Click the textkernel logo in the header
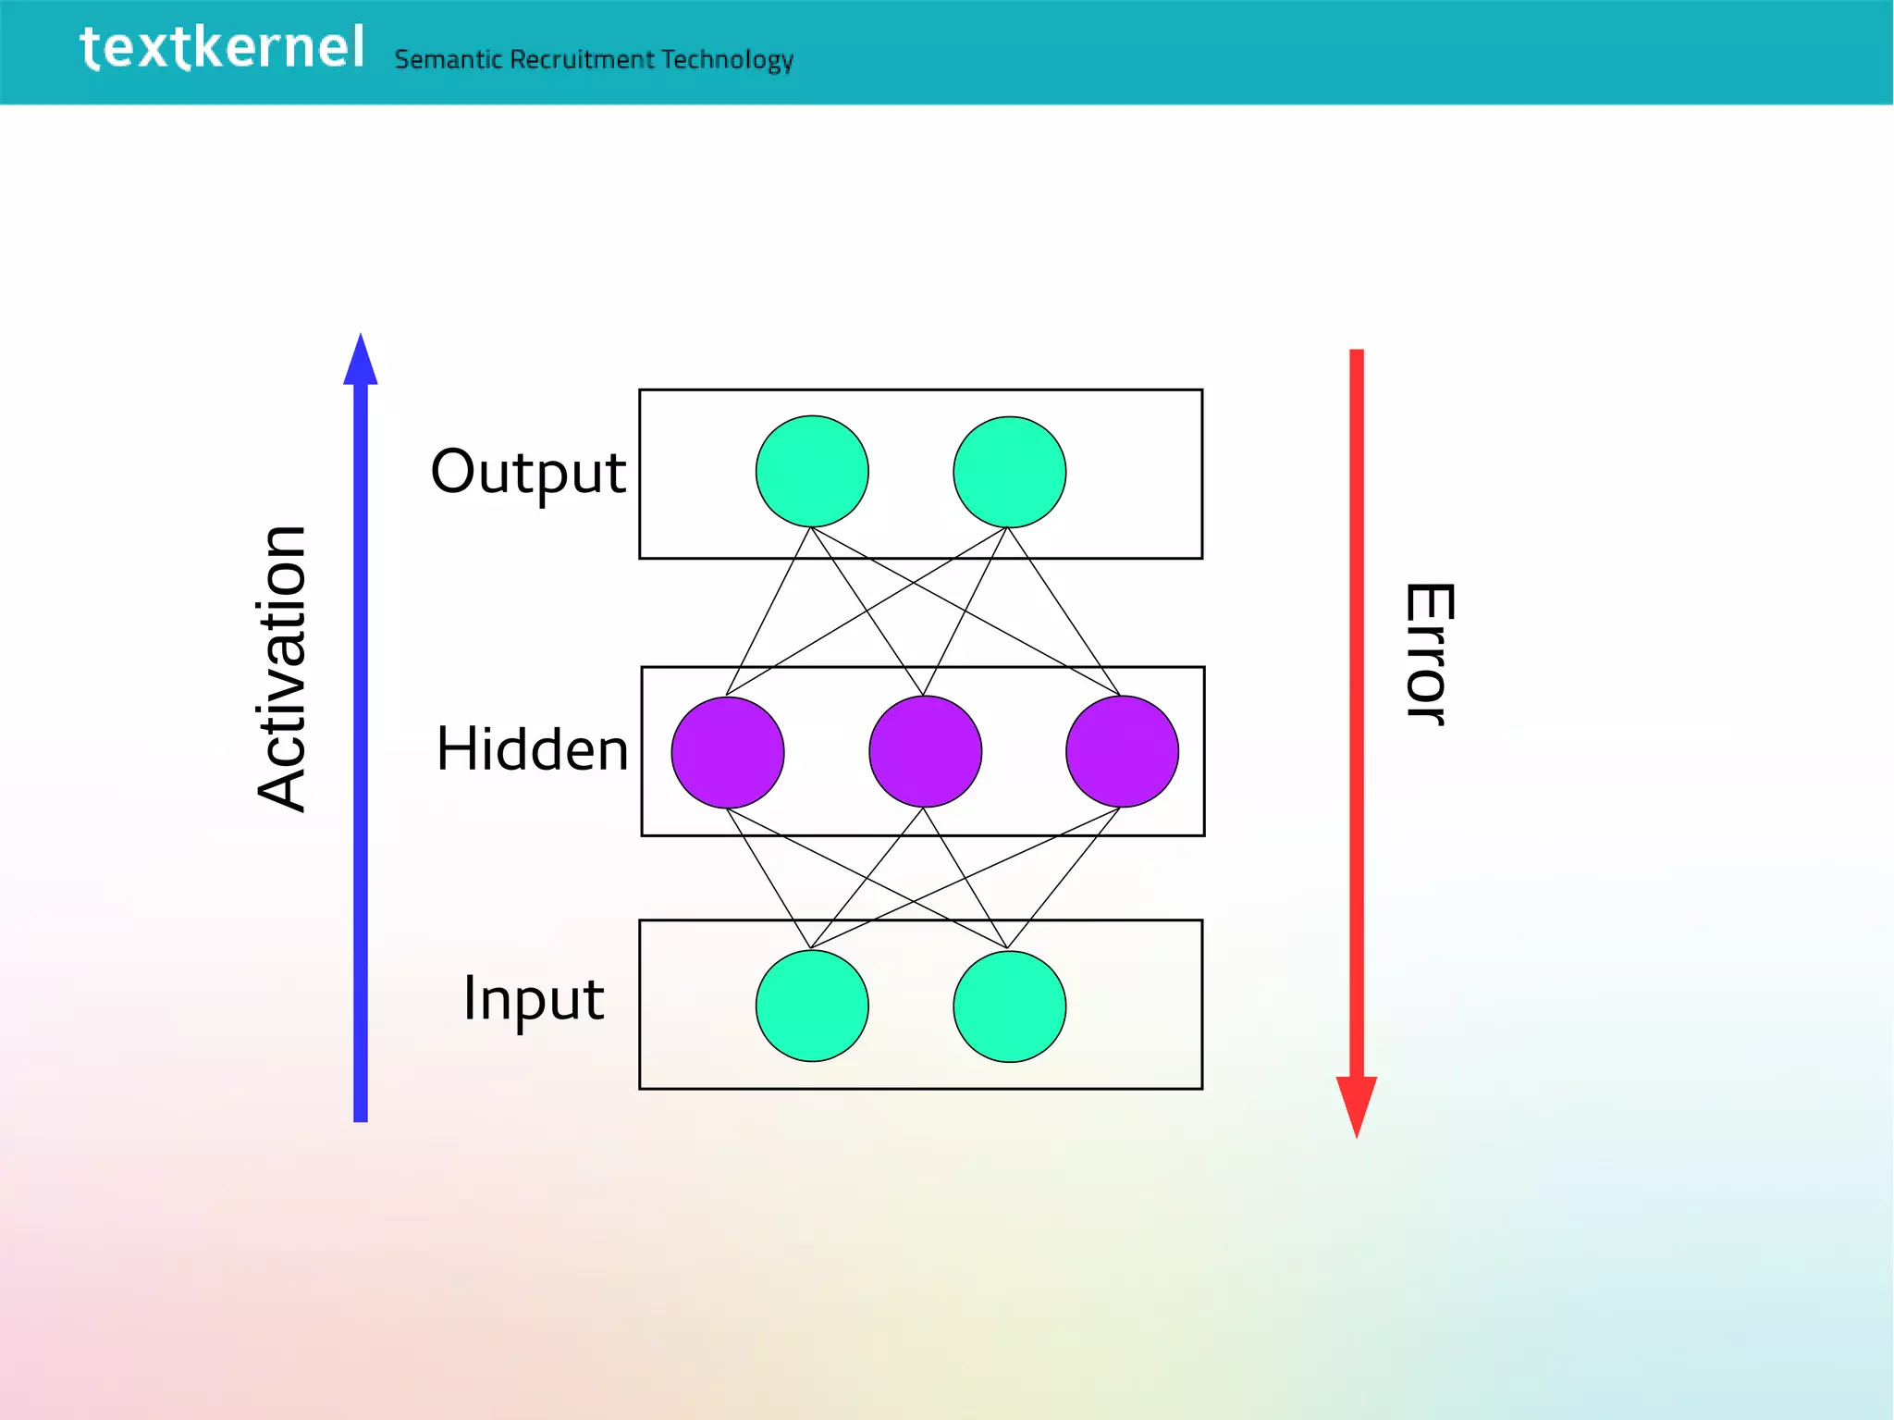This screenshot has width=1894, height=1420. click(x=222, y=48)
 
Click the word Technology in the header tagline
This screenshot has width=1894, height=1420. click(x=727, y=60)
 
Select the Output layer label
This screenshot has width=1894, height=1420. click(x=528, y=473)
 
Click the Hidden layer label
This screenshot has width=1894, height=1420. click(x=532, y=749)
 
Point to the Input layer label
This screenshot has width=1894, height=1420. click(x=534, y=999)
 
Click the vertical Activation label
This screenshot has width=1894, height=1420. click(x=281, y=668)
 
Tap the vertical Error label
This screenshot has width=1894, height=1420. click(x=1428, y=654)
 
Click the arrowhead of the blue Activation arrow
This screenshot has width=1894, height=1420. click(x=361, y=360)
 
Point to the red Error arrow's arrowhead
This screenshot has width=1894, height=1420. click(x=1357, y=1105)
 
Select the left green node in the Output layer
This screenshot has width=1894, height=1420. click(x=812, y=472)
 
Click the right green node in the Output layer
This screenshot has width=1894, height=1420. click(x=1009, y=472)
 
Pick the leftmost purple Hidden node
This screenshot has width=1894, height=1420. click(x=728, y=752)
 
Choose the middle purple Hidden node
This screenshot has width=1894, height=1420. click(x=925, y=752)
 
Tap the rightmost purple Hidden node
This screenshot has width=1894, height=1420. click(x=1122, y=752)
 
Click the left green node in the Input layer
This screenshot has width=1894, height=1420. click(x=812, y=1006)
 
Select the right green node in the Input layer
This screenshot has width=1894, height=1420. click(x=1009, y=1006)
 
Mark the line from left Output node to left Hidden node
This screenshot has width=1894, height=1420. click(x=769, y=611)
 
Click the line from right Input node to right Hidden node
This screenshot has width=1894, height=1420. click(x=1064, y=878)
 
